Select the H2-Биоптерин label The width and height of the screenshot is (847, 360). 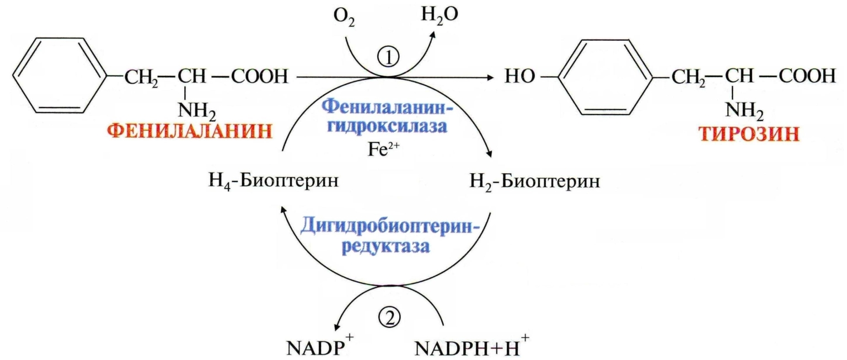tap(534, 182)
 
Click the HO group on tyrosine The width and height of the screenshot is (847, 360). tap(519, 78)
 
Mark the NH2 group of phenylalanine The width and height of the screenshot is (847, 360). tap(196, 111)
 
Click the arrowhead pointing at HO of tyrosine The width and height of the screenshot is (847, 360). tap(488, 78)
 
